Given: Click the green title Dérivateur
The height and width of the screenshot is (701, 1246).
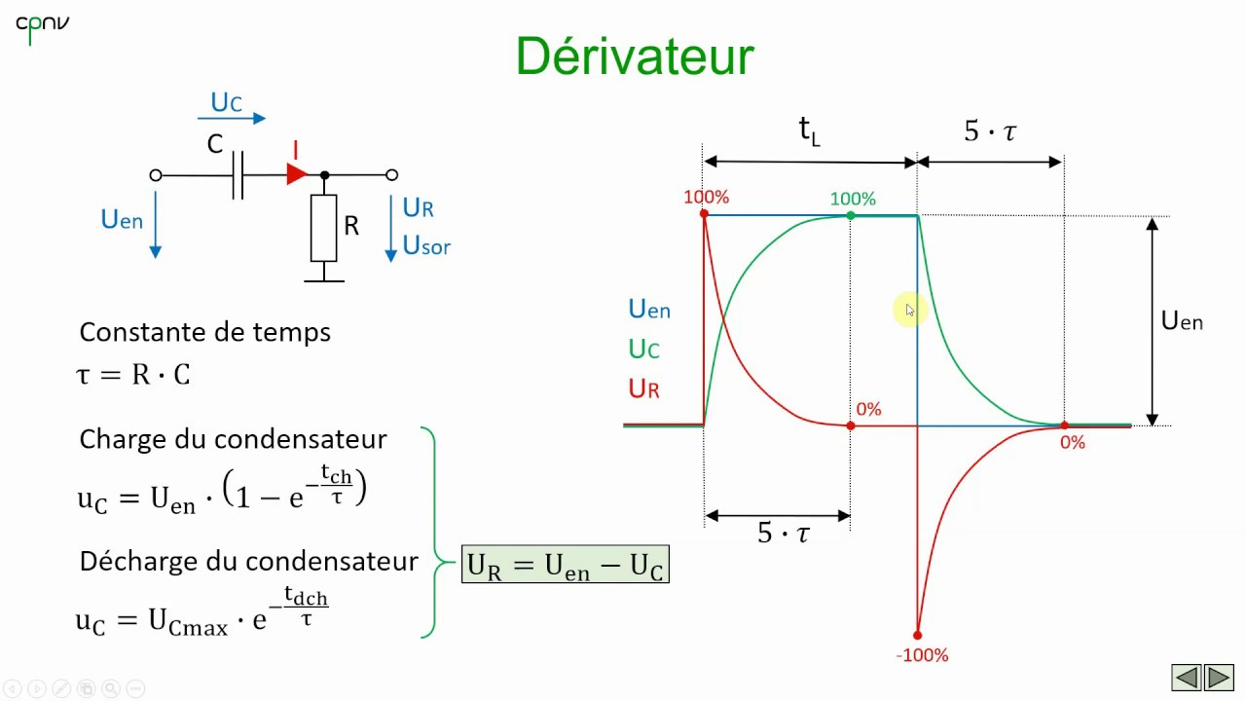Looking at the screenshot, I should pyautogui.click(x=635, y=56).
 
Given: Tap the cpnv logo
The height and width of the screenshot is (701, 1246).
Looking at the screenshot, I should pyautogui.click(x=42, y=26).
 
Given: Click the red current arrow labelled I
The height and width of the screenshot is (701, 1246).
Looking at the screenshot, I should pyautogui.click(x=297, y=174).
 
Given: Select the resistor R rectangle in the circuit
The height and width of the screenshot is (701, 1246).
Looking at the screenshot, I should pyautogui.click(x=323, y=228).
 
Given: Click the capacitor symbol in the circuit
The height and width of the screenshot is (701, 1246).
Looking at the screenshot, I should pyautogui.click(x=238, y=175).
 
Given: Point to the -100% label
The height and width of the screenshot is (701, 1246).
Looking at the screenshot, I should pyautogui.click(x=922, y=655).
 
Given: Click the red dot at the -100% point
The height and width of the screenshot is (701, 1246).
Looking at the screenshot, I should pyautogui.click(x=917, y=635).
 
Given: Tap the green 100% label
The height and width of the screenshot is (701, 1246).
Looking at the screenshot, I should pyautogui.click(x=853, y=199).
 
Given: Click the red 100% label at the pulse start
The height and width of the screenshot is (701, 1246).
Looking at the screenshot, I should pyautogui.click(x=706, y=197).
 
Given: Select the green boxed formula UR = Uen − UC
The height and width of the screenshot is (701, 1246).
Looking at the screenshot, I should pyautogui.click(x=566, y=565).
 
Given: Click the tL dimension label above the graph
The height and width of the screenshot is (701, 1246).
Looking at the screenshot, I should pyautogui.click(x=809, y=130).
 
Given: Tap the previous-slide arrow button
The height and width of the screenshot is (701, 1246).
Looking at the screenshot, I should pyautogui.click(x=1186, y=677).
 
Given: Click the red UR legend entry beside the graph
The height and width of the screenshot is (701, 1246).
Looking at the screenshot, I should pyautogui.click(x=644, y=389).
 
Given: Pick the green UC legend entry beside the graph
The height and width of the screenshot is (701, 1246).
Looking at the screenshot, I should pyautogui.click(x=644, y=349).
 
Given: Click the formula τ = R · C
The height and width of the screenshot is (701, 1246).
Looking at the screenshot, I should pyautogui.click(x=133, y=375).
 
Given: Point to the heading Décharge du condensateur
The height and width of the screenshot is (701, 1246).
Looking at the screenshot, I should pyautogui.click(x=248, y=562).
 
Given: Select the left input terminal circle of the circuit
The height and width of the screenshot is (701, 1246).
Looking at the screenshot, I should pyautogui.click(x=155, y=175).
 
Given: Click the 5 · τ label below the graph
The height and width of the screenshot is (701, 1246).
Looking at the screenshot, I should pyautogui.click(x=783, y=534).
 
